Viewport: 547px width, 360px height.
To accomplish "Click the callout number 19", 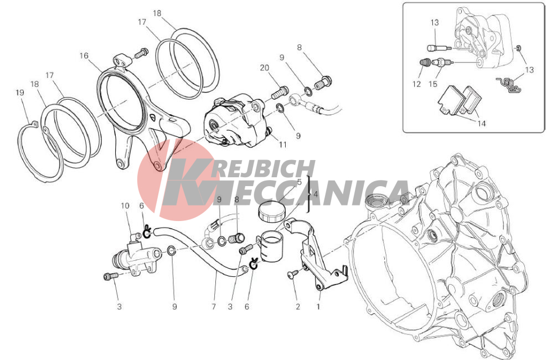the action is [x=20, y=93].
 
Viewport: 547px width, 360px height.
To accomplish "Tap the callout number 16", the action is [x=84, y=56].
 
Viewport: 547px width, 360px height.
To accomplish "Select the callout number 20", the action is [x=265, y=68].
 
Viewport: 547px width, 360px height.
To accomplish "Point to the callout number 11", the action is [x=282, y=145].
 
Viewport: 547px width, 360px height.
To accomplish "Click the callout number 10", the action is [x=125, y=206].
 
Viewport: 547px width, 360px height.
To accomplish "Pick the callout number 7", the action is [x=214, y=307].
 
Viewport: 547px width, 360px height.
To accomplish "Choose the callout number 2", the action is [x=297, y=307].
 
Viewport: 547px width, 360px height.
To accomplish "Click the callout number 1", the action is [x=318, y=307].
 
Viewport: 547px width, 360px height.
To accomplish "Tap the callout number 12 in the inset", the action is [x=416, y=84].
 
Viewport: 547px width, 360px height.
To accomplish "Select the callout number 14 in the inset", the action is [x=482, y=124].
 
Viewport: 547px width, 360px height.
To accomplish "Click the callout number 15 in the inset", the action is [x=432, y=84].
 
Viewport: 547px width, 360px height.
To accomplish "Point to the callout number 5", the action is [x=299, y=182].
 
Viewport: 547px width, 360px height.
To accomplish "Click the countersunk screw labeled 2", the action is [x=293, y=274].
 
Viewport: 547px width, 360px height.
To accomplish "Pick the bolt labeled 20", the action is [x=278, y=92].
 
